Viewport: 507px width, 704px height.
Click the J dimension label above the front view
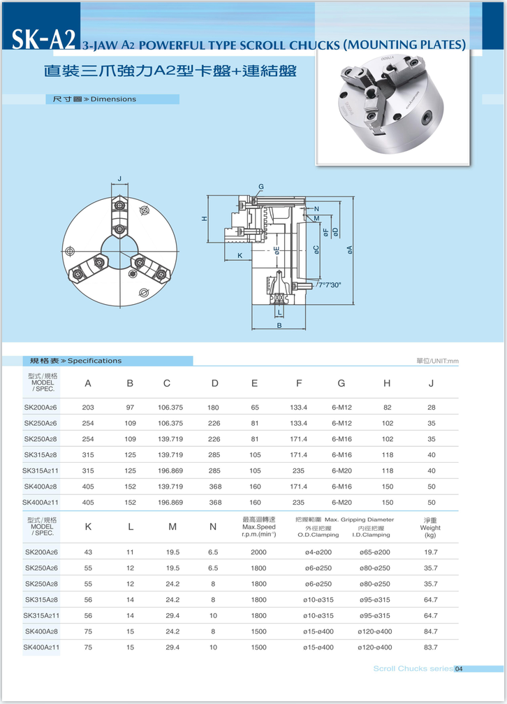(119, 179)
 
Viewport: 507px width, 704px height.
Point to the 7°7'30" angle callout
(330, 285)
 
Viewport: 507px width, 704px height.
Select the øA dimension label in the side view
(349, 250)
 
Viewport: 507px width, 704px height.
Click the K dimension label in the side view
(240, 256)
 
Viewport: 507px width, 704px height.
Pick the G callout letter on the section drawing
(260, 187)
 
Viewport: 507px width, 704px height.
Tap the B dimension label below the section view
(279, 326)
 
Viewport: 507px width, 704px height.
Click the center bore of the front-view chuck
(119, 247)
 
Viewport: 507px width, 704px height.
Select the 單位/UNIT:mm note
(437, 361)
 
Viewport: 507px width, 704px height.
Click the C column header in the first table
(167, 383)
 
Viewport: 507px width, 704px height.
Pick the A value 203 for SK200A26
(88, 408)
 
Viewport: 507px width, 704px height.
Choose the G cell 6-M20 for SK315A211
(341, 471)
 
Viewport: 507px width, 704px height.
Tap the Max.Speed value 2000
(258, 552)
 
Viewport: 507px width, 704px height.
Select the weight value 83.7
(430, 647)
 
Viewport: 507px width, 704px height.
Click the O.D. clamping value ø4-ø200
(318, 552)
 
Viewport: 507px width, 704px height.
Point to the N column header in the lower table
(213, 527)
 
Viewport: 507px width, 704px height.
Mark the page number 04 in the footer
(459, 669)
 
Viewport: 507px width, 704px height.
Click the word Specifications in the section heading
(94, 361)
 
